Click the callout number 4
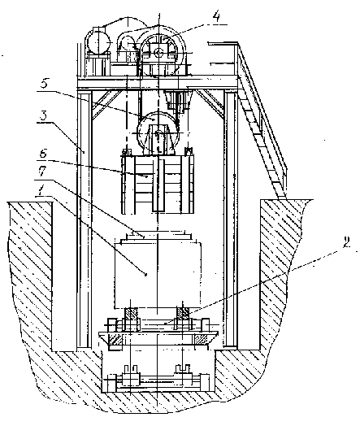click(x=216, y=17)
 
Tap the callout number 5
click(x=44, y=83)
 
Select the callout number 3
click(x=42, y=115)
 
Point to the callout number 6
click(x=42, y=154)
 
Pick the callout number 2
click(x=346, y=242)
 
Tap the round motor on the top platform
click(x=98, y=43)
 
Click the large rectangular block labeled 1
click(x=158, y=275)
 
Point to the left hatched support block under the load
click(x=131, y=313)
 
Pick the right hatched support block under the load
click(x=184, y=313)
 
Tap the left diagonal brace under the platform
click(x=106, y=104)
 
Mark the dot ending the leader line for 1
click(x=145, y=275)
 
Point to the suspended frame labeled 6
click(x=158, y=184)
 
